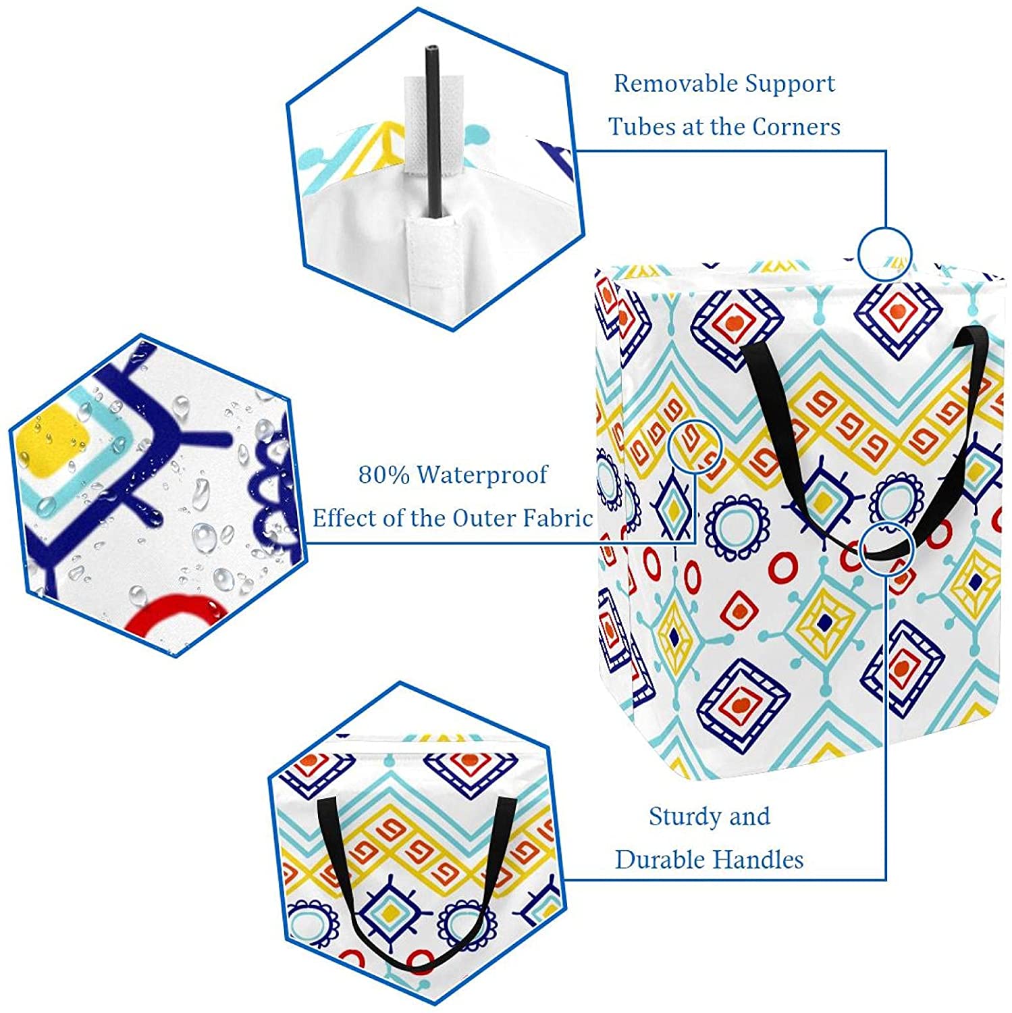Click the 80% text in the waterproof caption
click(383, 475)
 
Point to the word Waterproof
click(481, 475)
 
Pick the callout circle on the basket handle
click(888, 548)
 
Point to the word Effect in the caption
click(345, 518)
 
